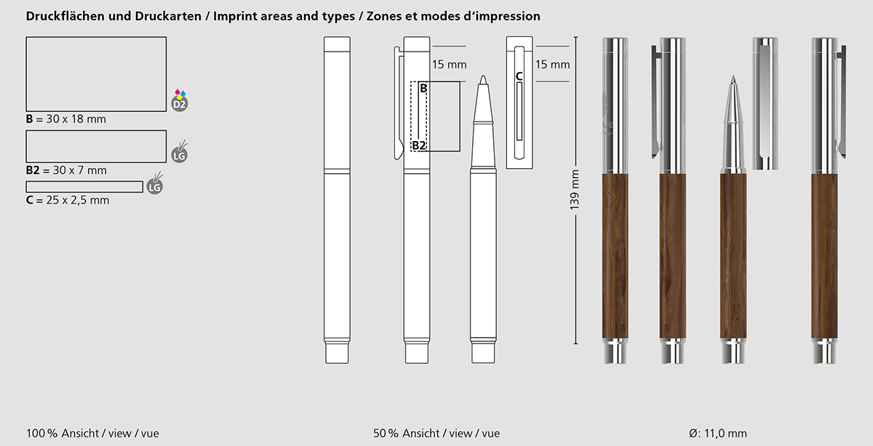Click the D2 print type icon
pyautogui.click(x=179, y=100)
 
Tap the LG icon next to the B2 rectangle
pyautogui.click(x=179, y=152)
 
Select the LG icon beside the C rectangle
pyautogui.click(x=155, y=183)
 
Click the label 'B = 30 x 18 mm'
pyautogui.click(x=66, y=119)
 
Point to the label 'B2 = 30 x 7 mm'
pyautogui.click(x=66, y=170)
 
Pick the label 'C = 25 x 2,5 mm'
pyautogui.click(x=68, y=200)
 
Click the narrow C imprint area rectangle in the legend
pyautogui.click(x=84, y=187)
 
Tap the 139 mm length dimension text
pyautogui.click(x=575, y=190)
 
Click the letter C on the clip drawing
pyautogui.click(x=519, y=76)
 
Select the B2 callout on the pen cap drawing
pyautogui.click(x=419, y=146)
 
